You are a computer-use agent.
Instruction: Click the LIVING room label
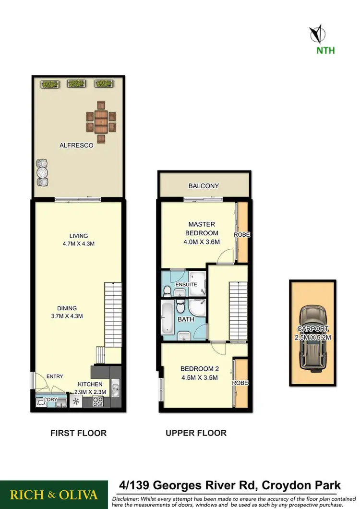click(x=78, y=236)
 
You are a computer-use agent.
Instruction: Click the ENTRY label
click(x=55, y=376)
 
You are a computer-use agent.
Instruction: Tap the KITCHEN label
click(x=90, y=384)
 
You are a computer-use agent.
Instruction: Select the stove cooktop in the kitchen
click(x=98, y=401)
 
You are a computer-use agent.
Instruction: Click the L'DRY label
click(x=50, y=400)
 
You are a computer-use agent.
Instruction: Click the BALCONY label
click(x=204, y=186)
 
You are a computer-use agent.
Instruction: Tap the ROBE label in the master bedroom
click(x=241, y=235)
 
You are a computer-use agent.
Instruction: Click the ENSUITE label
click(x=186, y=284)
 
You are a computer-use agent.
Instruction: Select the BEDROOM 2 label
click(x=199, y=369)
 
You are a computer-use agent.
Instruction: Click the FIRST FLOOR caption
click(x=78, y=433)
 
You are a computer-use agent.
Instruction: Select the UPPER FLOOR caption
click(x=196, y=433)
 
